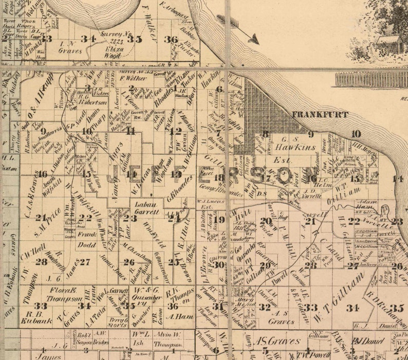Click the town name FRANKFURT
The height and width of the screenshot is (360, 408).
coord(320,115)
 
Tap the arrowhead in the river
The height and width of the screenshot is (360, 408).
coord(252,38)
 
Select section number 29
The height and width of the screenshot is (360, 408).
coord(265,265)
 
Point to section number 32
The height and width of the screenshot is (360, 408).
coord(265,307)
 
